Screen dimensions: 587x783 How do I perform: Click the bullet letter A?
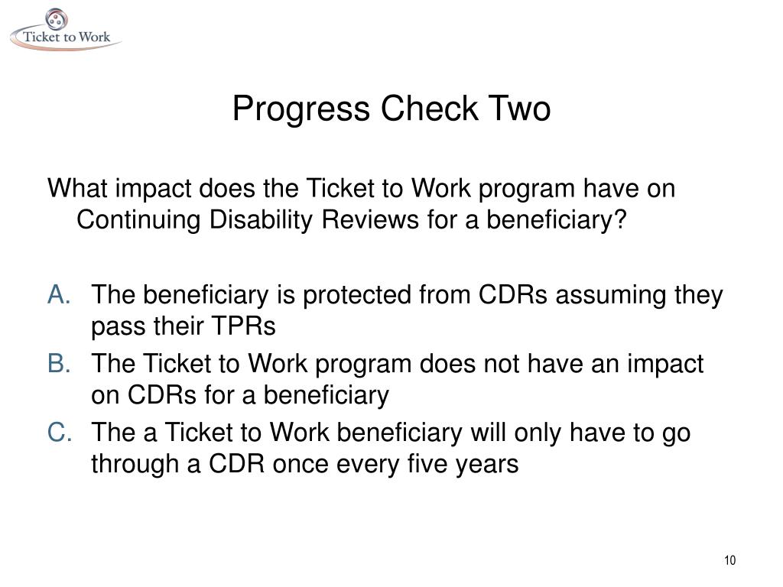click(x=60, y=295)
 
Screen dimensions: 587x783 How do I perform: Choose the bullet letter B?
click(x=60, y=364)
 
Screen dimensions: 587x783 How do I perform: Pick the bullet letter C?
click(x=60, y=433)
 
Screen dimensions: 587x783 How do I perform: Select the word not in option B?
click(x=503, y=364)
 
